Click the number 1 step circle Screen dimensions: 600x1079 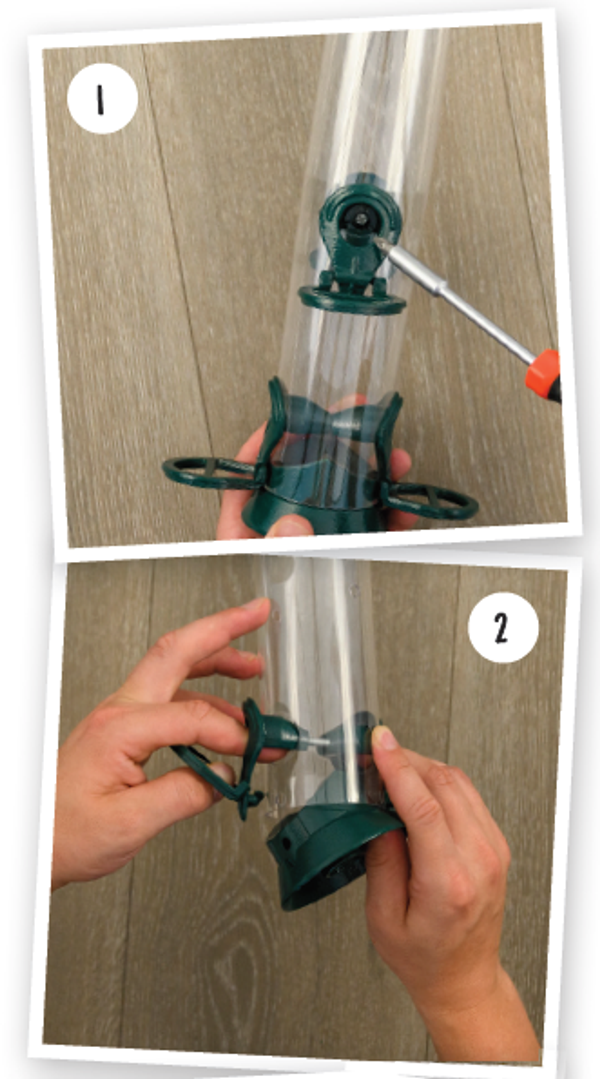tap(102, 99)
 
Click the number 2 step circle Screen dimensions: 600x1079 tap(503, 627)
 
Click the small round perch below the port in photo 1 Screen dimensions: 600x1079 tap(352, 300)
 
